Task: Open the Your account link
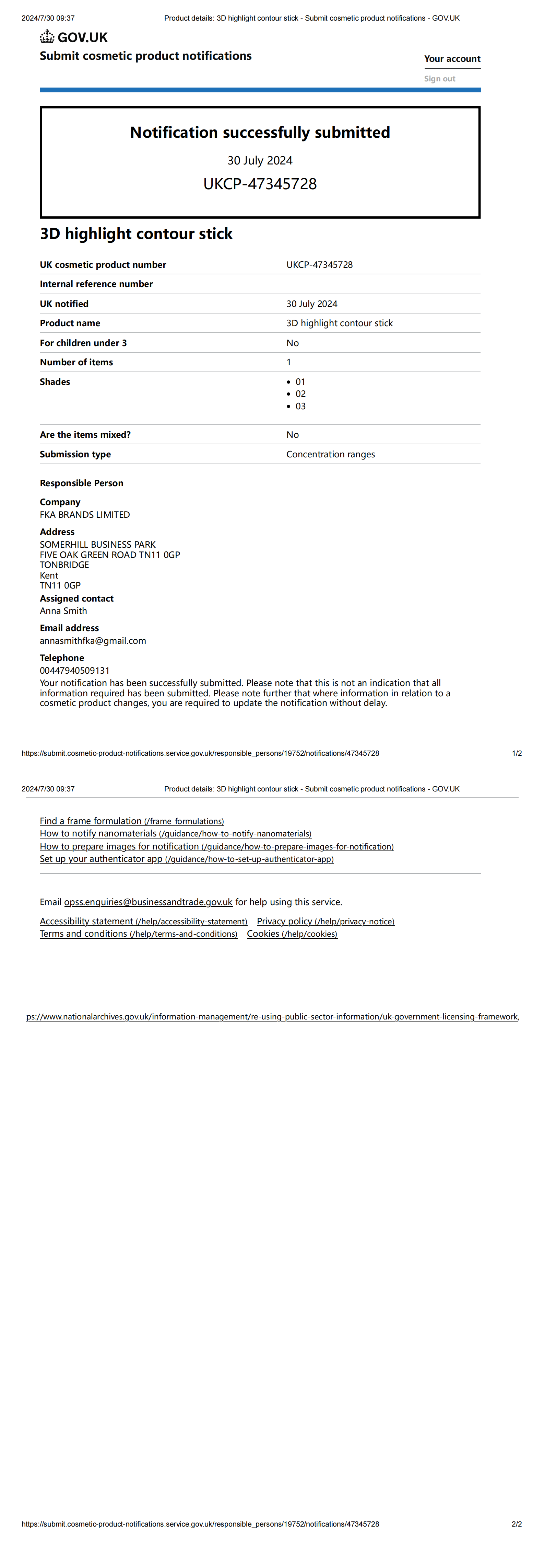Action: (x=452, y=59)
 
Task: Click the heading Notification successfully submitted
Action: (x=260, y=132)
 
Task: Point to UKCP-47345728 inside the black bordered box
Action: (x=260, y=184)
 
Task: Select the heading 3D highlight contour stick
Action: (x=136, y=234)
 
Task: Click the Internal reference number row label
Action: (x=96, y=284)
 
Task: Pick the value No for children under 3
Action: (x=292, y=343)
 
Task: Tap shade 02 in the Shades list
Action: (x=300, y=393)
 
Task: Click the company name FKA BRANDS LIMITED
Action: (x=85, y=514)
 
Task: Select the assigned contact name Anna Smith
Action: (x=63, y=611)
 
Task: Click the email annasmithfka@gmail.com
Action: (x=93, y=641)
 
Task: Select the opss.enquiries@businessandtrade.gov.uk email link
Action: (x=148, y=902)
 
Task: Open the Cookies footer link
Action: (x=292, y=934)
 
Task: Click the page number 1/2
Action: (x=517, y=753)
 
